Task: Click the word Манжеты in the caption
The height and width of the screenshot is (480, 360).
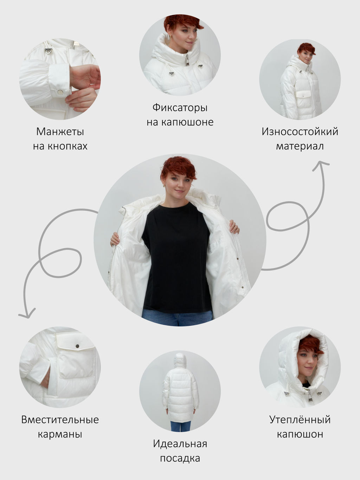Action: click(60, 132)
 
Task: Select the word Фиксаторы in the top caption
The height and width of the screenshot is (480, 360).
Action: click(180, 108)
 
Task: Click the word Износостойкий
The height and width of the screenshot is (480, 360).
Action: click(300, 132)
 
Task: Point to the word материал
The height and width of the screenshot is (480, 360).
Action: click(300, 146)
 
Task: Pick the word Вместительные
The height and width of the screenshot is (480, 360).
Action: click(60, 420)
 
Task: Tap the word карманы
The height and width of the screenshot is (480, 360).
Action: click(60, 434)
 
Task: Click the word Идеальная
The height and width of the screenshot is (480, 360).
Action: click(180, 444)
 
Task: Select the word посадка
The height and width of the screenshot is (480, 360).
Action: click(180, 459)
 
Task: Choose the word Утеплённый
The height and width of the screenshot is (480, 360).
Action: click(300, 420)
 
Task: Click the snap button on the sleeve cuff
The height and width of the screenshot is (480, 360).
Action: click(60, 92)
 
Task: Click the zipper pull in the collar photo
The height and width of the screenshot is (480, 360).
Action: click(187, 60)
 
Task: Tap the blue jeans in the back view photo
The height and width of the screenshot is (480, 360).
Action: click(180, 425)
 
